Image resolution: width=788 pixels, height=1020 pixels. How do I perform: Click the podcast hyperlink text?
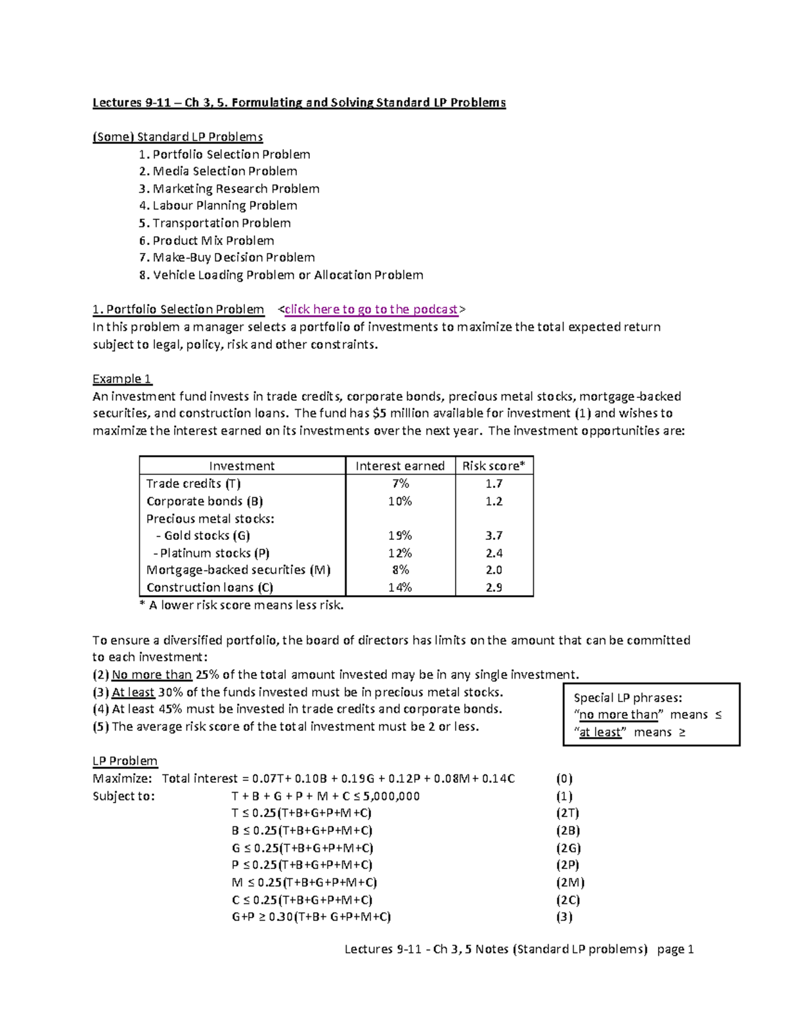371,309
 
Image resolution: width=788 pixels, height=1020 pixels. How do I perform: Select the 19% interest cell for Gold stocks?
400,535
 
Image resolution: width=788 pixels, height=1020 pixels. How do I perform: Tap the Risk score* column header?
494,466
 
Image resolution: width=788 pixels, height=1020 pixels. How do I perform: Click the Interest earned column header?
400,466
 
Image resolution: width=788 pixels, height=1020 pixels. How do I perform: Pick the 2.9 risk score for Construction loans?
494,587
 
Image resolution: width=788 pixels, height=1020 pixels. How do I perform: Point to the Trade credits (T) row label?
194,483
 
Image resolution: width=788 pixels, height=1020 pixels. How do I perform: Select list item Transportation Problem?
221,223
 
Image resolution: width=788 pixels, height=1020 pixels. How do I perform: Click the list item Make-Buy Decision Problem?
233,257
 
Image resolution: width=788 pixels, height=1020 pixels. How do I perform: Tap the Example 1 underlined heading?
122,379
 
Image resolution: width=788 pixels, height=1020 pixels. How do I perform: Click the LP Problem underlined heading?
125,761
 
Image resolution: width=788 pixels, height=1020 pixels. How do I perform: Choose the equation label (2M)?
570,883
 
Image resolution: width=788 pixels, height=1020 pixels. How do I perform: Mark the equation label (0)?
564,778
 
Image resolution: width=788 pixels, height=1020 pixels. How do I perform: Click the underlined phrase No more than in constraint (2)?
152,675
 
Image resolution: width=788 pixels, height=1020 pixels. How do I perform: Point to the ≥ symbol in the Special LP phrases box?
682,732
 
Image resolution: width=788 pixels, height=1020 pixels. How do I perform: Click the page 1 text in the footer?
675,949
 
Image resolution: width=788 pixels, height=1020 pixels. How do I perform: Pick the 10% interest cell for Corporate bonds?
400,501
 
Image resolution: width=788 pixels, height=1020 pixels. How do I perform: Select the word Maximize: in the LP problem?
122,778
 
